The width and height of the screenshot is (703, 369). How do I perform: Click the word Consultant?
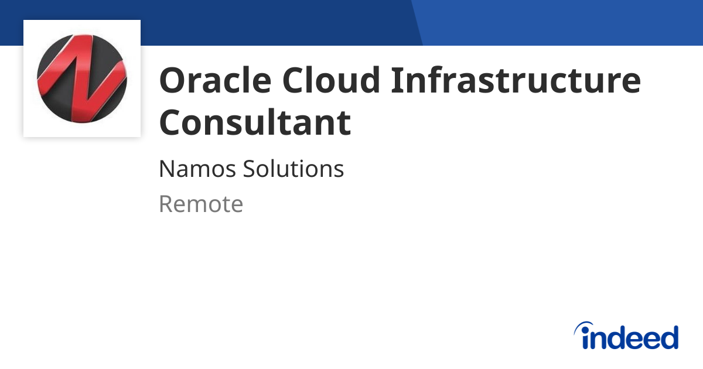tap(255, 122)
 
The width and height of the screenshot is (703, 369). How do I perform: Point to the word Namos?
tap(197, 169)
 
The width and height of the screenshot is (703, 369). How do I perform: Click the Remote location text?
tap(200, 204)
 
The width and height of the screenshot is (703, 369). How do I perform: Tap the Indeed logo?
tap(626, 337)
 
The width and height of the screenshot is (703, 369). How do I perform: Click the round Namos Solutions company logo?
tap(81, 78)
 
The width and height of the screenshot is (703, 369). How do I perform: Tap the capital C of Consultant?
tap(171, 122)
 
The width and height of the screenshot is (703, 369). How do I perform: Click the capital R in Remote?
tap(166, 204)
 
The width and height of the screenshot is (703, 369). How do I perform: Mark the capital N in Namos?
tap(166, 169)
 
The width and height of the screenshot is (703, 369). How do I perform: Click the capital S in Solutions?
tap(250, 169)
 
